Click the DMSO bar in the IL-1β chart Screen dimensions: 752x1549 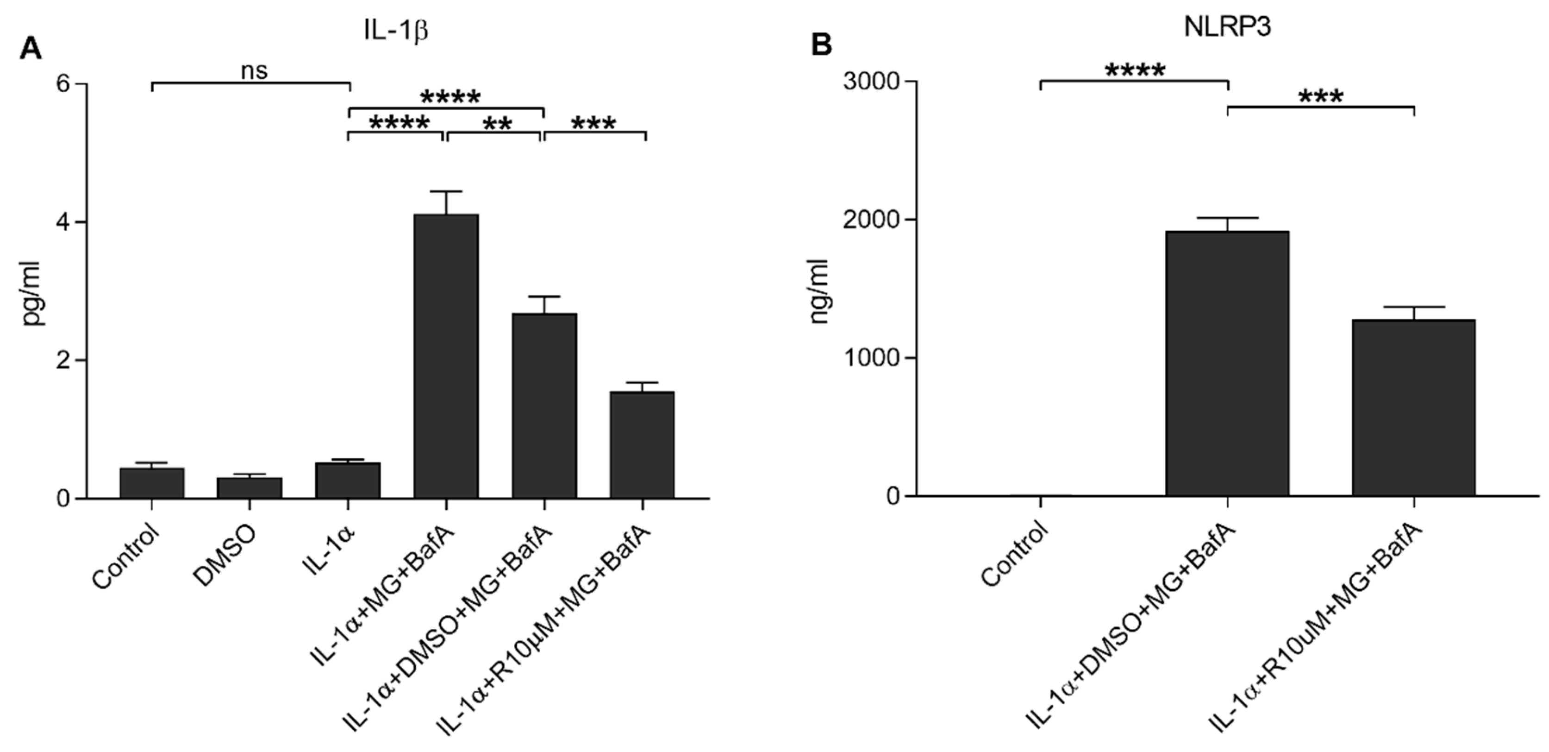tap(250, 488)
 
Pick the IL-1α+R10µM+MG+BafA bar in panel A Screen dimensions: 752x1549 tap(642, 445)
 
